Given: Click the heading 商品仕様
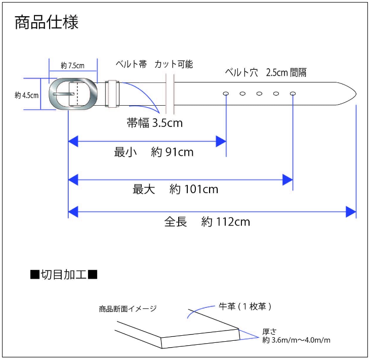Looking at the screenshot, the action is pyautogui.click(x=47, y=22).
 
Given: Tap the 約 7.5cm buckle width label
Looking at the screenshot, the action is pyautogui.click(x=73, y=66).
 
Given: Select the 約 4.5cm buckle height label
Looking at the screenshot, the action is pyautogui.click(x=27, y=95).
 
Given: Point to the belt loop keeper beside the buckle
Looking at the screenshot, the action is pyautogui.click(x=112, y=94).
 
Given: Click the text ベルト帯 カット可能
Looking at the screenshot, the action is pyautogui.click(x=154, y=64).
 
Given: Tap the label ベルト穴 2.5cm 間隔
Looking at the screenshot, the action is pyautogui.click(x=266, y=72).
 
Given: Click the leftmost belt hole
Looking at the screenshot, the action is pyautogui.click(x=226, y=94).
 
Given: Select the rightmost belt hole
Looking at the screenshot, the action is pyautogui.click(x=293, y=94).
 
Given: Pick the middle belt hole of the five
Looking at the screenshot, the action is pyautogui.click(x=259, y=94).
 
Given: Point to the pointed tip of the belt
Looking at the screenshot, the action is pyautogui.click(x=356, y=94).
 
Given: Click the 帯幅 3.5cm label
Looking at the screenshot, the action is pyautogui.click(x=155, y=123).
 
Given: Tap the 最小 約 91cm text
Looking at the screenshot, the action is pyautogui.click(x=153, y=152).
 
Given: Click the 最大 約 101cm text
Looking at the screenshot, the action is pyautogui.click(x=175, y=189).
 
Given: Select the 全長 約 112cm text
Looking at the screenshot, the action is pyautogui.click(x=207, y=222).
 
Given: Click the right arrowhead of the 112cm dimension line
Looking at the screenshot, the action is pyautogui.click(x=351, y=212).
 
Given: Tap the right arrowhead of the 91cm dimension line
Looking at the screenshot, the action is pyautogui.click(x=221, y=142).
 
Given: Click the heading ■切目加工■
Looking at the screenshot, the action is pyautogui.click(x=64, y=275).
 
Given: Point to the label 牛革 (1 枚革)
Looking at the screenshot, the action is pyautogui.click(x=245, y=306).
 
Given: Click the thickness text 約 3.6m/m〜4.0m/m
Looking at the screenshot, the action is pyautogui.click(x=296, y=340).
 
